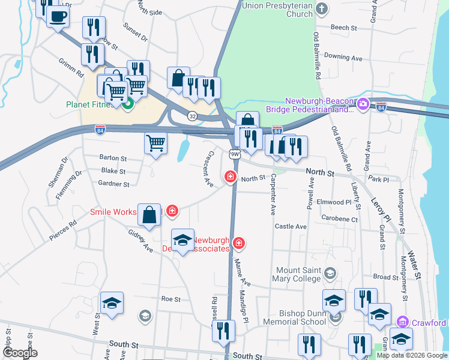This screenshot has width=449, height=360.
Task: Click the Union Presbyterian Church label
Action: click(x=277, y=10)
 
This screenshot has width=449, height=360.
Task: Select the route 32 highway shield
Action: click(x=192, y=115)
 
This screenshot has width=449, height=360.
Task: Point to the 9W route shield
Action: click(x=235, y=154)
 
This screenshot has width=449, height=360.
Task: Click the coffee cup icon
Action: click(x=58, y=16)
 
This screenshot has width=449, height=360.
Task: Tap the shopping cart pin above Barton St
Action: click(x=155, y=143)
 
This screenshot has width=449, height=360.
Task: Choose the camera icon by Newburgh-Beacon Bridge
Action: click(x=363, y=105)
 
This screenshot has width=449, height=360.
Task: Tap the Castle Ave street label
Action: click(x=291, y=227)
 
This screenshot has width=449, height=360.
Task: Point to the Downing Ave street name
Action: click(x=343, y=58)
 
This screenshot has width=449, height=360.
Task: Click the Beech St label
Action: click(x=344, y=28)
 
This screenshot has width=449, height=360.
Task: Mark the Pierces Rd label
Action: click(x=64, y=230)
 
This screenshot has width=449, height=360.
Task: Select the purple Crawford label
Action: click(x=430, y=323)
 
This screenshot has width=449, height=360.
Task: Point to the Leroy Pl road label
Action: click(x=381, y=208)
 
